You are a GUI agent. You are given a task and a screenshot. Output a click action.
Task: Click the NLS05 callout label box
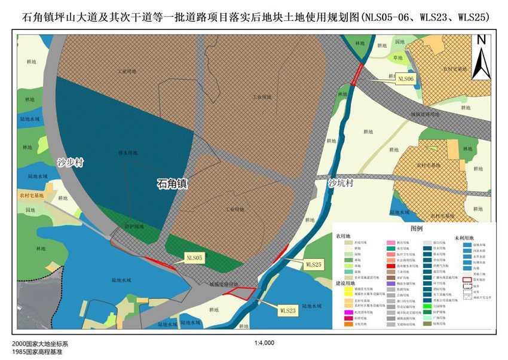point(195,258)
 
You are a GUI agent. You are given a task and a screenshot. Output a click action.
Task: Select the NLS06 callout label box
point(406,79)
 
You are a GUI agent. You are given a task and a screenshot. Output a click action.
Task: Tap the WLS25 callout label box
point(314,264)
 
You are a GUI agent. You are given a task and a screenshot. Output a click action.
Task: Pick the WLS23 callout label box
point(287,310)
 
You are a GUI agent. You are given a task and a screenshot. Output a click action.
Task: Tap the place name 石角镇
point(172,184)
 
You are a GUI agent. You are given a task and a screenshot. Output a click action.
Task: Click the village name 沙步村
point(71,162)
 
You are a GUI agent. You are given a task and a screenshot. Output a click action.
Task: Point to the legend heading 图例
point(416,229)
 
